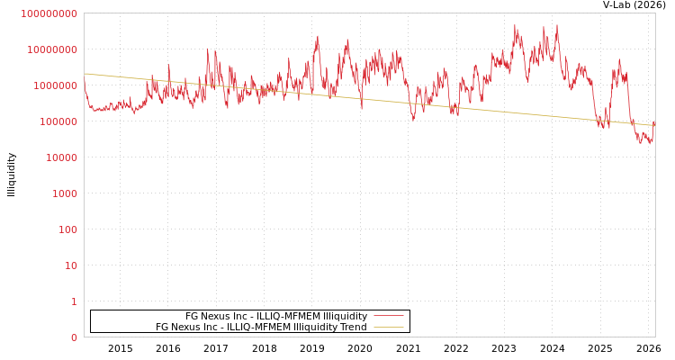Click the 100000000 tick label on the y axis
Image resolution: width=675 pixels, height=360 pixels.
tap(49, 13)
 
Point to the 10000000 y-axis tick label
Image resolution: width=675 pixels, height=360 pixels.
tap(52, 49)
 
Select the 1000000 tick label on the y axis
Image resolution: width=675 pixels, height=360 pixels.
tap(55, 85)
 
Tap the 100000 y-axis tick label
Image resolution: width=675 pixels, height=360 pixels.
tap(58, 121)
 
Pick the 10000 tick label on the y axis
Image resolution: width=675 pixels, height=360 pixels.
tap(60, 157)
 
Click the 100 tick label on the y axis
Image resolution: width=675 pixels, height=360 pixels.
tap(67, 229)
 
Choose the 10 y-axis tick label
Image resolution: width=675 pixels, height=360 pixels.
tap(70, 265)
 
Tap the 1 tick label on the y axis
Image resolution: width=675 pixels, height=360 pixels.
tap(74, 301)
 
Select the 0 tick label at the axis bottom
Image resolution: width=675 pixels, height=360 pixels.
tap(74, 337)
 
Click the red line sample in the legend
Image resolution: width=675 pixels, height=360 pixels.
tap(388, 316)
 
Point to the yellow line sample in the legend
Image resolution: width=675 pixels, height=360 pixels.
tap(388, 327)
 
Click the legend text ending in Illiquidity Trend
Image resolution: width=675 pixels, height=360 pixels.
tap(261, 327)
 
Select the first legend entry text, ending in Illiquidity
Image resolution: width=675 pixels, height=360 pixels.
tap(276, 316)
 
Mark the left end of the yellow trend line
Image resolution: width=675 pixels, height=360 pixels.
tap(85, 74)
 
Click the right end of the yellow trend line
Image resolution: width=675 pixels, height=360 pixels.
tap(654, 125)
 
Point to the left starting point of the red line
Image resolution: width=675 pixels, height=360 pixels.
tap(85, 87)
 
